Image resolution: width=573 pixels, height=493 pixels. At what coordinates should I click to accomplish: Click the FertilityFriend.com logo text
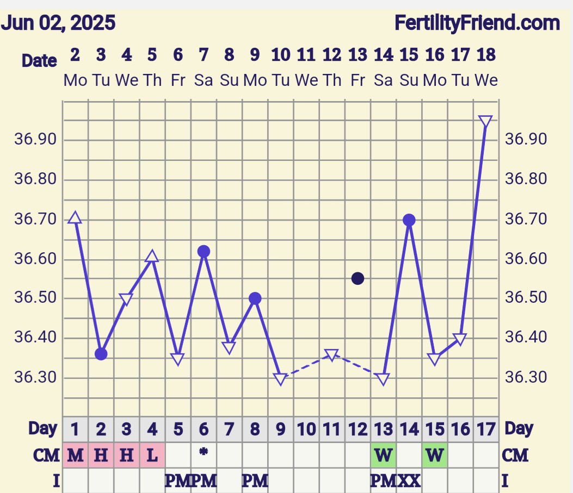[x=477, y=23]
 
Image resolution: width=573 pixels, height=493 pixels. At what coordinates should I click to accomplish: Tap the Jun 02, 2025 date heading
[x=58, y=23]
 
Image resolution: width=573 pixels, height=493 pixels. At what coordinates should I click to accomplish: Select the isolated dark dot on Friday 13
[x=358, y=278]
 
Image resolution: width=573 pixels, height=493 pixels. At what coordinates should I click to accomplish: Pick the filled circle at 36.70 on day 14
[x=409, y=220]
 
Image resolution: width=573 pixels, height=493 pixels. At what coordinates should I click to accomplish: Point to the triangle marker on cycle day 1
[x=75, y=218]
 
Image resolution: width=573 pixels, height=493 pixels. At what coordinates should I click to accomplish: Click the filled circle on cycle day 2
[x=101, y=354]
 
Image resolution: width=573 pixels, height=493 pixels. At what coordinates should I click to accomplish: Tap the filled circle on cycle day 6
[x=204, y=251]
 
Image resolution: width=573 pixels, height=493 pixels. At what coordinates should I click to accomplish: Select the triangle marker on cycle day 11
[x=332, y=355]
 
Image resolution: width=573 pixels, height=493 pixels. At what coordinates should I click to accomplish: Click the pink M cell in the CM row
[x=75, y=455]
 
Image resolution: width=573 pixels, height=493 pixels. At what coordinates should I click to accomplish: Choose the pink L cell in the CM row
[x=152, y=455]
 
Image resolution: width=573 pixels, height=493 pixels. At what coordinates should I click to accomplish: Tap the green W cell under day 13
[x=384, y=455]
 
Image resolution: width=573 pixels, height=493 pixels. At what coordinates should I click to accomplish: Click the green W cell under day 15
[x=435, y=455]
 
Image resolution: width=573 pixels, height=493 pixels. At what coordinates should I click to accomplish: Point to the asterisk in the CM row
[x=204, y=451]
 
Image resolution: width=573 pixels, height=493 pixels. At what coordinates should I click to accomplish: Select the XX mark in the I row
[x=409, y=480]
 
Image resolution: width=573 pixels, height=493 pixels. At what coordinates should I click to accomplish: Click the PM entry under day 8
[x=255, y=480]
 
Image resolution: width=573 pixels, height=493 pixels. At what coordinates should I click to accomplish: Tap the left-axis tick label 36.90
[x=35, y=140]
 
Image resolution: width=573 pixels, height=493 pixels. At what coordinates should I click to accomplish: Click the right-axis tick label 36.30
[x=526, y=377]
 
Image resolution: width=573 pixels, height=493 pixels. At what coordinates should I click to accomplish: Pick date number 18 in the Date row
[x=486, y=55]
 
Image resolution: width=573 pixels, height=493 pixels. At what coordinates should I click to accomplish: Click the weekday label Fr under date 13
[x=358, y=80]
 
